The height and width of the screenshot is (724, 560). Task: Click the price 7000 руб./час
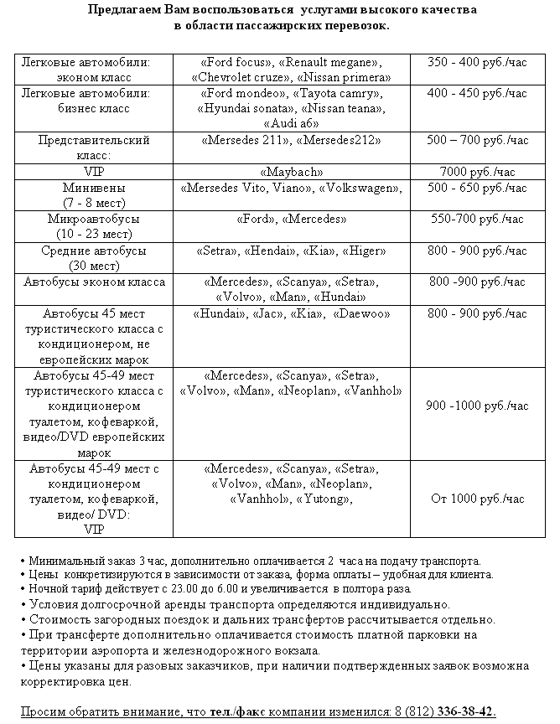tap(477, 172)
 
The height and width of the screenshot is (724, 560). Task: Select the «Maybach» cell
tap(291, 172)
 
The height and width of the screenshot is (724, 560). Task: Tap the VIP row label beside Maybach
tap(93, 172)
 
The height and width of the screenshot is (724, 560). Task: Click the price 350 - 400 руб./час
tap(477, 63)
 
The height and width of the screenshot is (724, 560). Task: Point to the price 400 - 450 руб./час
tap(477, 94)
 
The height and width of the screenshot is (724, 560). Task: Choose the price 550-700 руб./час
tap(477, 220)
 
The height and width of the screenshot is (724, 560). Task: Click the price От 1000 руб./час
tap(477, 499)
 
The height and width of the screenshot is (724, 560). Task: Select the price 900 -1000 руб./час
tap(477, 406)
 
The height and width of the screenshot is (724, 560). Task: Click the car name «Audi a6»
tap(291, 123)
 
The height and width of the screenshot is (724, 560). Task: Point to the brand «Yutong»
tap(323, 499)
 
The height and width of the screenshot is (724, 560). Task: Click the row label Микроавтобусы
tap(93, 220)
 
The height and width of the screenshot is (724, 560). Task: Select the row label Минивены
tap(93, 188)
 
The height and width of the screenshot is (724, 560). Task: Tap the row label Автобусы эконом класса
tap(94, 282)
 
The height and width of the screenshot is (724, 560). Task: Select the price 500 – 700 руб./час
tap(477, 140)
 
